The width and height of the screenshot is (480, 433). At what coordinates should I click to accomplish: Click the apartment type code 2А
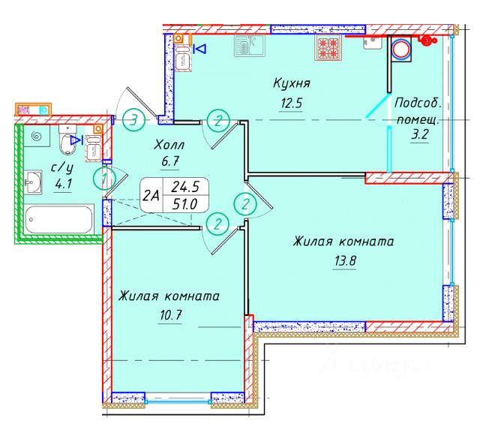[151, 197]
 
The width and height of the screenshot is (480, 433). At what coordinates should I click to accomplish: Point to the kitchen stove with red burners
[330, 48]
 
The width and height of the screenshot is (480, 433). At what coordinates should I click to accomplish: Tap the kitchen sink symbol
[246, 47]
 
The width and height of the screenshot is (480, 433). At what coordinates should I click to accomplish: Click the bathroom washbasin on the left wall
[32, 181]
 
